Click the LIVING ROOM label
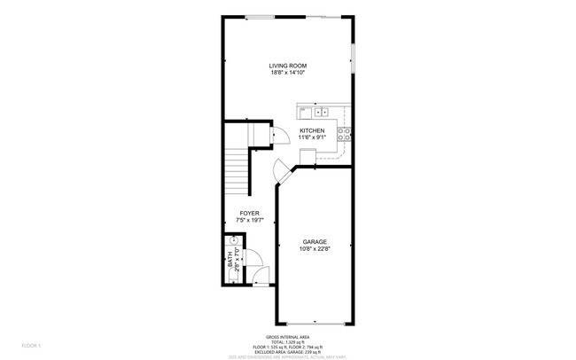click(x=287, y=66)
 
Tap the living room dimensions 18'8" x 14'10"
click(x=287, y=73)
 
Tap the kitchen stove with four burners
click(x=344, y=135)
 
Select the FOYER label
click(x=249, y=214)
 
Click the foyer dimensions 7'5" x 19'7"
click(x=249, y=221)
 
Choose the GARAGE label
click(x=315, y=242)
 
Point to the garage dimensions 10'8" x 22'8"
click(x=315, y=249)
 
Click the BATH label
click(x=229, y=262)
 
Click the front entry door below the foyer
click(x=260, y=278)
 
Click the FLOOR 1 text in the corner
click(x=31, y=344)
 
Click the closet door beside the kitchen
click(x=277, y=135)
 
